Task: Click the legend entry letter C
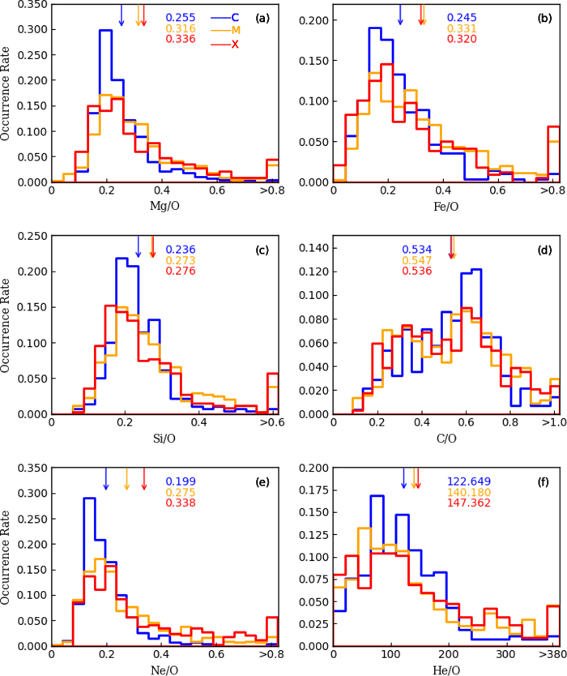coord(234,17)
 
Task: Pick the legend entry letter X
coord(235,44)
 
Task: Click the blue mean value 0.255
coord(181,17)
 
